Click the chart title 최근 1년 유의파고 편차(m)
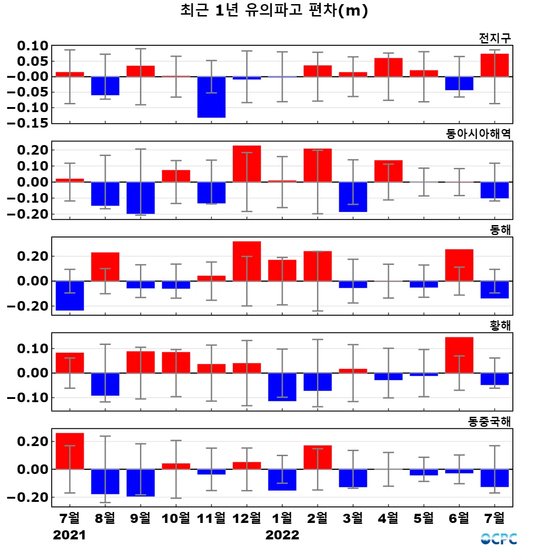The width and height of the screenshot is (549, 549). click(x=274, y=11)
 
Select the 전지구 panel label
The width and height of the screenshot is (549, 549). click(x=495, y=38)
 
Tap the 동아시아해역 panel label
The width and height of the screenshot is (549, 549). click(x=478, y=134)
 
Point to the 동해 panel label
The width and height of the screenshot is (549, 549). click(x=500, y=230)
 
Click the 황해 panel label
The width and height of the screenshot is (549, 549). click(x=500, y=325)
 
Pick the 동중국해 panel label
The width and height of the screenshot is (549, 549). click(x=489, y=421)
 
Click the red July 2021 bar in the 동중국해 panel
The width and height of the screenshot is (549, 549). click(x=70, y=451)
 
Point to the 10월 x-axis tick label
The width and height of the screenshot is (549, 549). click(x=176, y=518)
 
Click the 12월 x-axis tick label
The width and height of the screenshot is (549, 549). click(x=247, y=518)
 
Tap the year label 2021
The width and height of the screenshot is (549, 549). click(x=69, y=535)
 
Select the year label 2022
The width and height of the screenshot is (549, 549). click(x=282, y=535)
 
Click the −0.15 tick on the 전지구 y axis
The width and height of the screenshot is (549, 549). click(x=27, y=123)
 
